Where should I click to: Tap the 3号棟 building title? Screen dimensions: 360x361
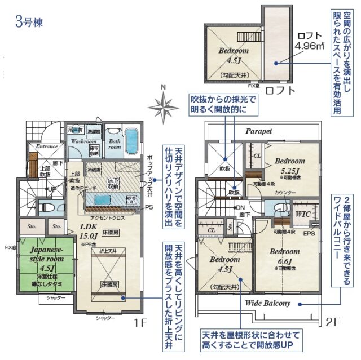tap(27, 24)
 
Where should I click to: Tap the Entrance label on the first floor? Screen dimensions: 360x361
tap(47, 146)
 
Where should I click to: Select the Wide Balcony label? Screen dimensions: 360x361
tap(267, 303)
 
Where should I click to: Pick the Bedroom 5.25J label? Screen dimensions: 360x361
tap(289, 165)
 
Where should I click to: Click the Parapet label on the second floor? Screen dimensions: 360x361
tap(258, 131)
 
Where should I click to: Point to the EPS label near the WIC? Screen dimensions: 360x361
tap(310, 233)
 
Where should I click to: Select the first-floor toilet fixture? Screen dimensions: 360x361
tap(46, 207)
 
